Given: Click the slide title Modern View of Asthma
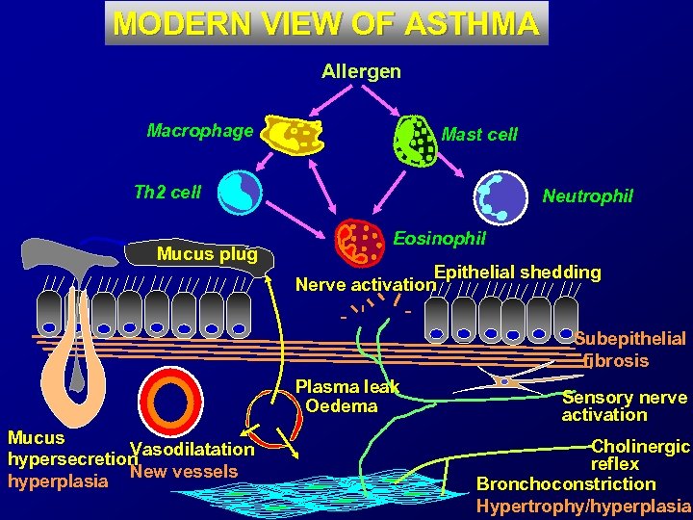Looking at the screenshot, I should pyautogui.click(x=326, y=23).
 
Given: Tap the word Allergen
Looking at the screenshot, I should pyautogui.click(x=361, y=71).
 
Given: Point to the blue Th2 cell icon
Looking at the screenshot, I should pyautogui.click(x=240, y=191).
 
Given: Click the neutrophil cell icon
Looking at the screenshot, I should pyautogui.click(x=503, y=195).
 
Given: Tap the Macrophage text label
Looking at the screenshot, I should pyautogui.click(x=200, y=130).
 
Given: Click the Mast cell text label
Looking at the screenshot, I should pyautogui.click(x=479, y=135).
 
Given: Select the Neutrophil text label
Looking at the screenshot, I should pyautogui.click(x=587, y=196).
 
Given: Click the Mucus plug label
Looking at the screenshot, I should pyautogui.click(x=207, y=254).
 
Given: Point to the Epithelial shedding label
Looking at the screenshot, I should pyautogui.click(x=518, y=272).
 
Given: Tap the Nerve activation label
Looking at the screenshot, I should pyautogui.click(x=365, y=284).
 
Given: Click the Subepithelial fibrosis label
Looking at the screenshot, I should pyautogui.click(x=629, y=350).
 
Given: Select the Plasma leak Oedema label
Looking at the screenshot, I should pyautogui.click(x=345, y=396).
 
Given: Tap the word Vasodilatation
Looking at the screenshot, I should pyautogui.click(x=192, y=450).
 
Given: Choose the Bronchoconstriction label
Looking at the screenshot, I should pyautogui.click(x=566, y=483).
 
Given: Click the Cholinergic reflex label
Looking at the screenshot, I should pyautogui.click(x=639, y=455).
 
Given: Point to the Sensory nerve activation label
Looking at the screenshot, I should pyautogui.click(x=624, y=405).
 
